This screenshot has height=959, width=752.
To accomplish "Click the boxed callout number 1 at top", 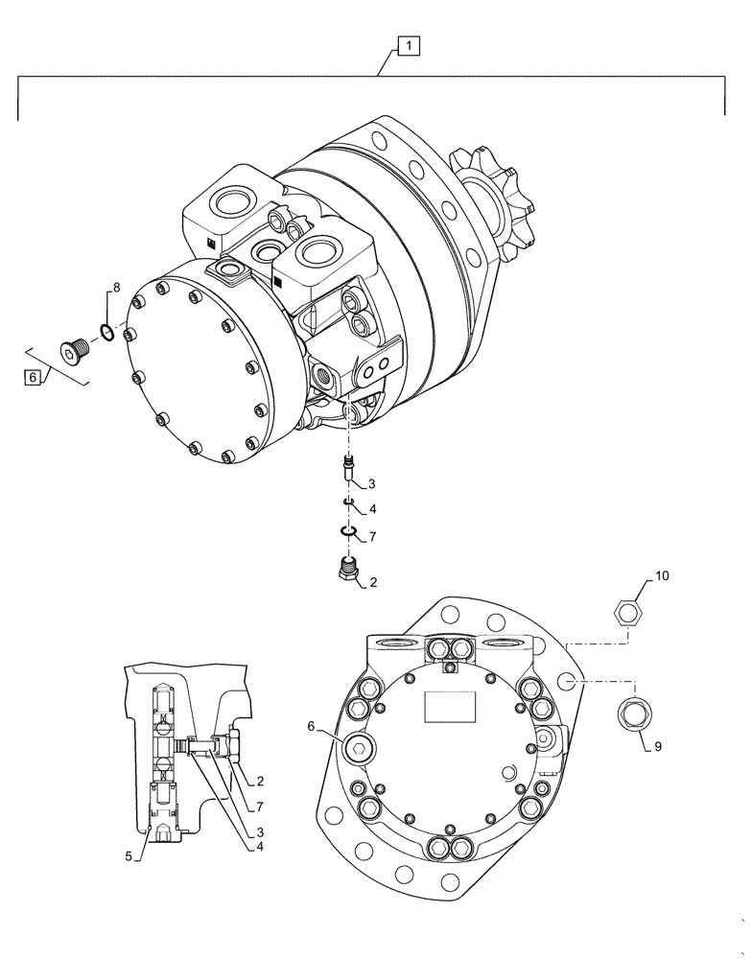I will pyautogui.click(x=408, y=45).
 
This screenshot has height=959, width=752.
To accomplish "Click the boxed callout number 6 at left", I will pyautogui.click(x=33, y=378).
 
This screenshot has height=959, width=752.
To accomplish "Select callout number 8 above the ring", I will pyautogui.click(x=117, y=287).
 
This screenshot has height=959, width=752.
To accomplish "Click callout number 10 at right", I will pyautogui.click(x=662, y=576).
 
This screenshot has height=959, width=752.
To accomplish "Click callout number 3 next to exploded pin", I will pyautogui.click(x=371, y=483).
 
